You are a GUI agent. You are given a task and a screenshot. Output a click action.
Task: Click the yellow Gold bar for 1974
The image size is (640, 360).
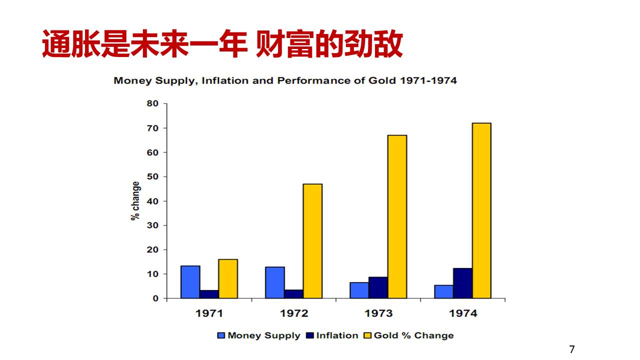[x=481, y=210]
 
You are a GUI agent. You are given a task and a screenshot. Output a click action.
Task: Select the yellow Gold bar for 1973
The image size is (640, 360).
[x=397, y=216]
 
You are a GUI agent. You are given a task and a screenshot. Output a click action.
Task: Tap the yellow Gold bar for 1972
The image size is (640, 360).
[x=312, y=241]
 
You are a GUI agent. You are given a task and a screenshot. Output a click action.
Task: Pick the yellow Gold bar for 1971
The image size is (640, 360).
[x=228, y=278]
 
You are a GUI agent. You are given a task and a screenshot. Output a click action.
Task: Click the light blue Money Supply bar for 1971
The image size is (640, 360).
[x=190, y=282]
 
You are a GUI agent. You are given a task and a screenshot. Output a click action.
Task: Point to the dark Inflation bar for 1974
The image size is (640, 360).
[x=463, y=283]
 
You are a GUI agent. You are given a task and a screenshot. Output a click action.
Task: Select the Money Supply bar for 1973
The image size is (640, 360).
[x=359, y=290]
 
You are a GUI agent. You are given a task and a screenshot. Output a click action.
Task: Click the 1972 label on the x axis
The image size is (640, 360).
[x=294, y=313]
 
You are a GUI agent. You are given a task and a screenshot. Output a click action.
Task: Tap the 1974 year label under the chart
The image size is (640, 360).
[x=463, y=313]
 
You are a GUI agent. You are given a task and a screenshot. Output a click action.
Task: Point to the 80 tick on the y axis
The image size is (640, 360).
[x=152, y=103]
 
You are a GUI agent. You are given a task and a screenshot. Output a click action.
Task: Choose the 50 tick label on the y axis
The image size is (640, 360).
[x=152, y=176]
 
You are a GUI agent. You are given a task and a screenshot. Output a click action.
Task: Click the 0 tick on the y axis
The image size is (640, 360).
[x=155, y=298]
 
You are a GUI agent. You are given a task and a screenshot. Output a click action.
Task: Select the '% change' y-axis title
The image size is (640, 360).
[x=135, y=201]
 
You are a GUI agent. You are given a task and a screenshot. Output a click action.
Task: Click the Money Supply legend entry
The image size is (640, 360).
[x=259, y=335]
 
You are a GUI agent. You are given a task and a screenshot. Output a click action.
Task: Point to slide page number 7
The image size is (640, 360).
[x=572, y=349]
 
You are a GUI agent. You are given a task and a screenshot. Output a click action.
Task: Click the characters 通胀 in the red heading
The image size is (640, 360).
[x=61, y=44]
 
